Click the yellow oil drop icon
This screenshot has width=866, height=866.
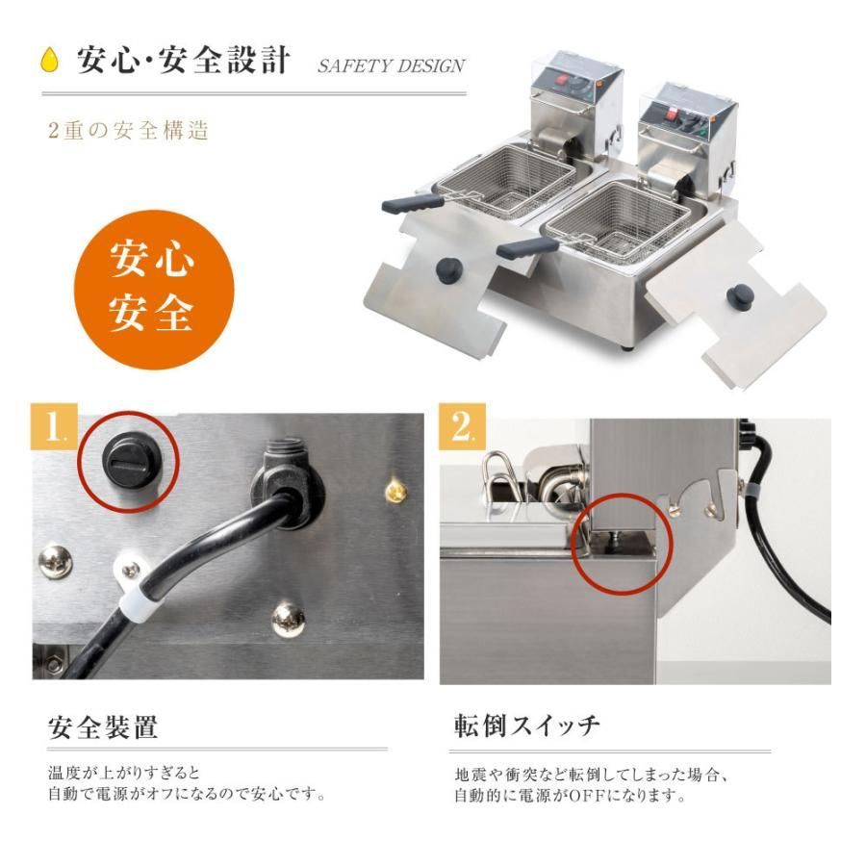click(x=49, y=59)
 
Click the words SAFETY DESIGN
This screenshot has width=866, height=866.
click(x=391, y=66)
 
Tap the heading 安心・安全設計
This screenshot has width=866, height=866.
click(x=184, y=60)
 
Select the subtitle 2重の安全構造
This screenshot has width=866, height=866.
click(x=129, y=131)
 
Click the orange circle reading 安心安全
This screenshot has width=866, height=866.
click(x=154, y=290)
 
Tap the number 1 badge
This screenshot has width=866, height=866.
click(x=55, y=427)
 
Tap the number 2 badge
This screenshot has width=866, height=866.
click(x=462, y=427)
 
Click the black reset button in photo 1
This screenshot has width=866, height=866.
click(x=131, y=458)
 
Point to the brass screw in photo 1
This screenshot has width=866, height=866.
click(x=396, y=490)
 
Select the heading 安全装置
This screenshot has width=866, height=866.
click(x=103, y=727)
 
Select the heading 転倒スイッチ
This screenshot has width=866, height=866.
click(x=526, y=726)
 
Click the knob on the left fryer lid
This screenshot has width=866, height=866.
click(x=449, y=270)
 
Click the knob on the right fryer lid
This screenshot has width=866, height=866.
click(x=741, y=298)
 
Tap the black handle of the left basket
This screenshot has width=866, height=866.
click(x=412, y=204)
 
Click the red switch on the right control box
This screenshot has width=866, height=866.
click(x=672, y=115)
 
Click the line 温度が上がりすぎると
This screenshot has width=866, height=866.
click(x=124, y=772)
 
